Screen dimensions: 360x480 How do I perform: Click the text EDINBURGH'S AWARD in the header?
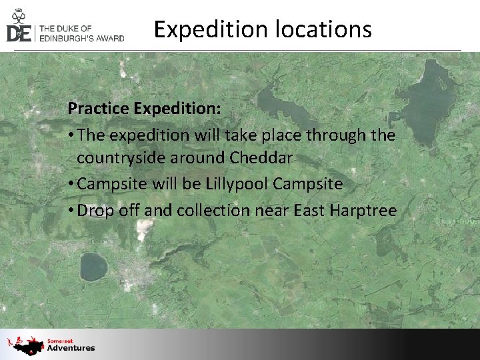coord(82,38)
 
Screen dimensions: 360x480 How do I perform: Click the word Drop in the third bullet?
coord(94,211)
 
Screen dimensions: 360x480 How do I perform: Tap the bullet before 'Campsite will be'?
coord(71,185)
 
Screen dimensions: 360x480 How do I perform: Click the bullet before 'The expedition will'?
coord(71,135)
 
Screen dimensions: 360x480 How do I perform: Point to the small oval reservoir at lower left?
coord(93,267)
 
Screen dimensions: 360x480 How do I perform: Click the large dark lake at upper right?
coord(427,107)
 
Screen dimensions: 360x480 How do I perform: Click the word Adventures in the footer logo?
coord(71,348)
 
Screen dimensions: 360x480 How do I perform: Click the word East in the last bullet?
coord(309,211)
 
